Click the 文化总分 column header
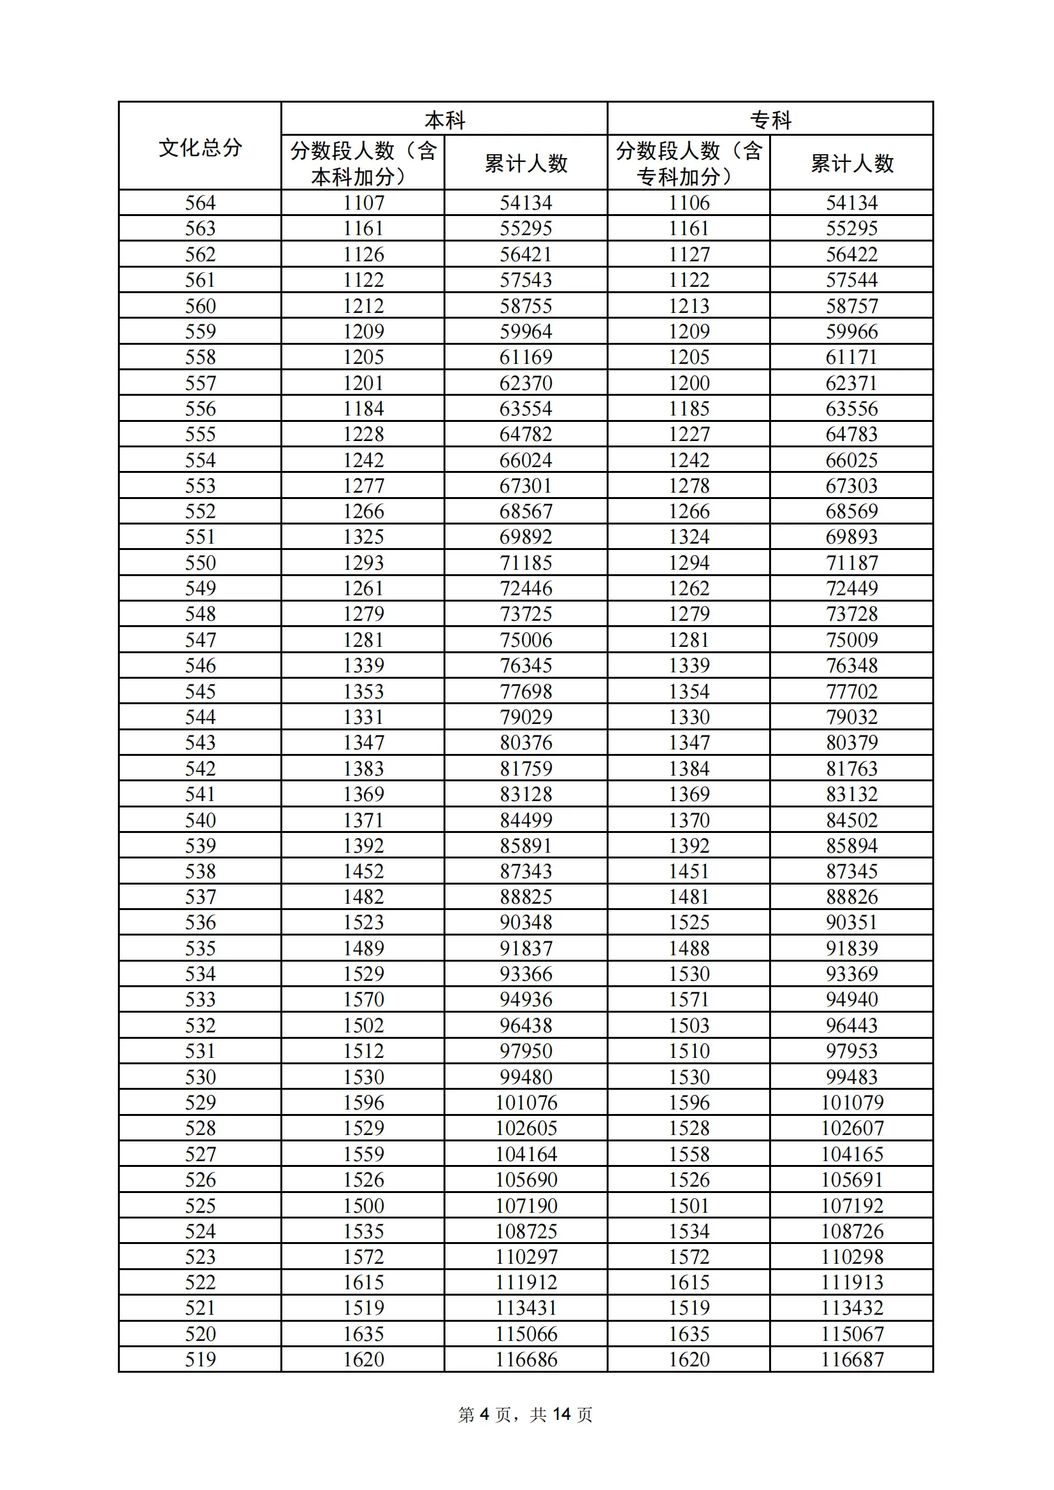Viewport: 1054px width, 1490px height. (x=200, y=147)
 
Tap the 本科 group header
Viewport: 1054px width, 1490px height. (x=445, y=120)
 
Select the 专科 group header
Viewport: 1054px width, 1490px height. (x=770, y=120)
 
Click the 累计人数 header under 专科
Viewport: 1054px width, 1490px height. (x=851, y=163)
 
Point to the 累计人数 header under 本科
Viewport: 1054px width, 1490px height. (x=526, y=163)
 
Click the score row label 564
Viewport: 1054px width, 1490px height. (x=200, y=203)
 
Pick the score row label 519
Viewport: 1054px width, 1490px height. (x=200, y=1359)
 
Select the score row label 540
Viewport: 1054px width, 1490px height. (x=200, y=820)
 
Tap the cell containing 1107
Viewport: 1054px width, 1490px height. (x=363, y=203)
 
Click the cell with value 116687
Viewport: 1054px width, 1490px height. (x=851, y=1359)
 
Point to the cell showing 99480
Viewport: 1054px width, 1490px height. (x=526, y=1077)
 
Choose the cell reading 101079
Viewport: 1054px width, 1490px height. (x=851, y=1103)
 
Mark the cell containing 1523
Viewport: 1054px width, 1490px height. (x=363, y=923)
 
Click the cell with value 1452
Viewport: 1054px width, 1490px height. (x=363, y=872)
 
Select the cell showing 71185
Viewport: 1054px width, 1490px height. (x=526, y=563)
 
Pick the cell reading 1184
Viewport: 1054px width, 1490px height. (x=363, y=409)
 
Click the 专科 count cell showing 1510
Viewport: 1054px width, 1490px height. (x=689, y=1052)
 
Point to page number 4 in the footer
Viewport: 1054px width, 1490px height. (x=484, y=1415)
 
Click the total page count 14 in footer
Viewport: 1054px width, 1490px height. (x=561, y=1415)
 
